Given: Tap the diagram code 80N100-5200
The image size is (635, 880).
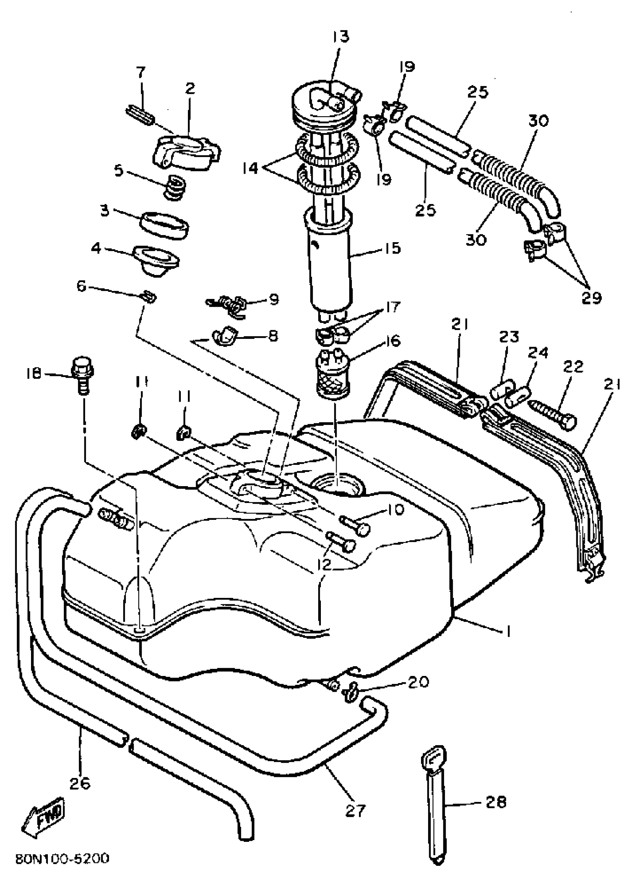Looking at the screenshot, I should point(62,858).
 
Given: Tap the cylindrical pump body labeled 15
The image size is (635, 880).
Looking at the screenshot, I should point(331,268).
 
